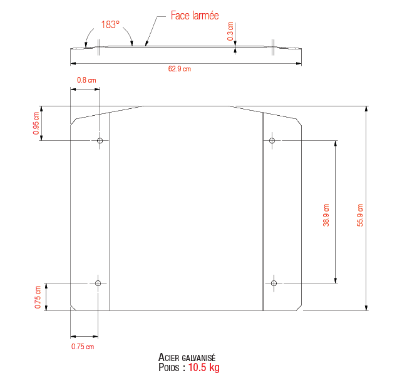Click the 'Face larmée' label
tap(195, 15)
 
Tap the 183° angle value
tap(110, 24)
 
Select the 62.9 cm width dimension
tap(180, 69)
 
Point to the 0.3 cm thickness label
tap(230, 31)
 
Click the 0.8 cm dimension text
tap(86, 80)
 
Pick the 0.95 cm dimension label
tap(36, 123)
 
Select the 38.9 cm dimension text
tap(326, 215)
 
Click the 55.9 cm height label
tap(359, 215)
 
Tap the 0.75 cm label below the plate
tap(83, 347)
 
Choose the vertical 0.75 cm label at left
tap(38, 297)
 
